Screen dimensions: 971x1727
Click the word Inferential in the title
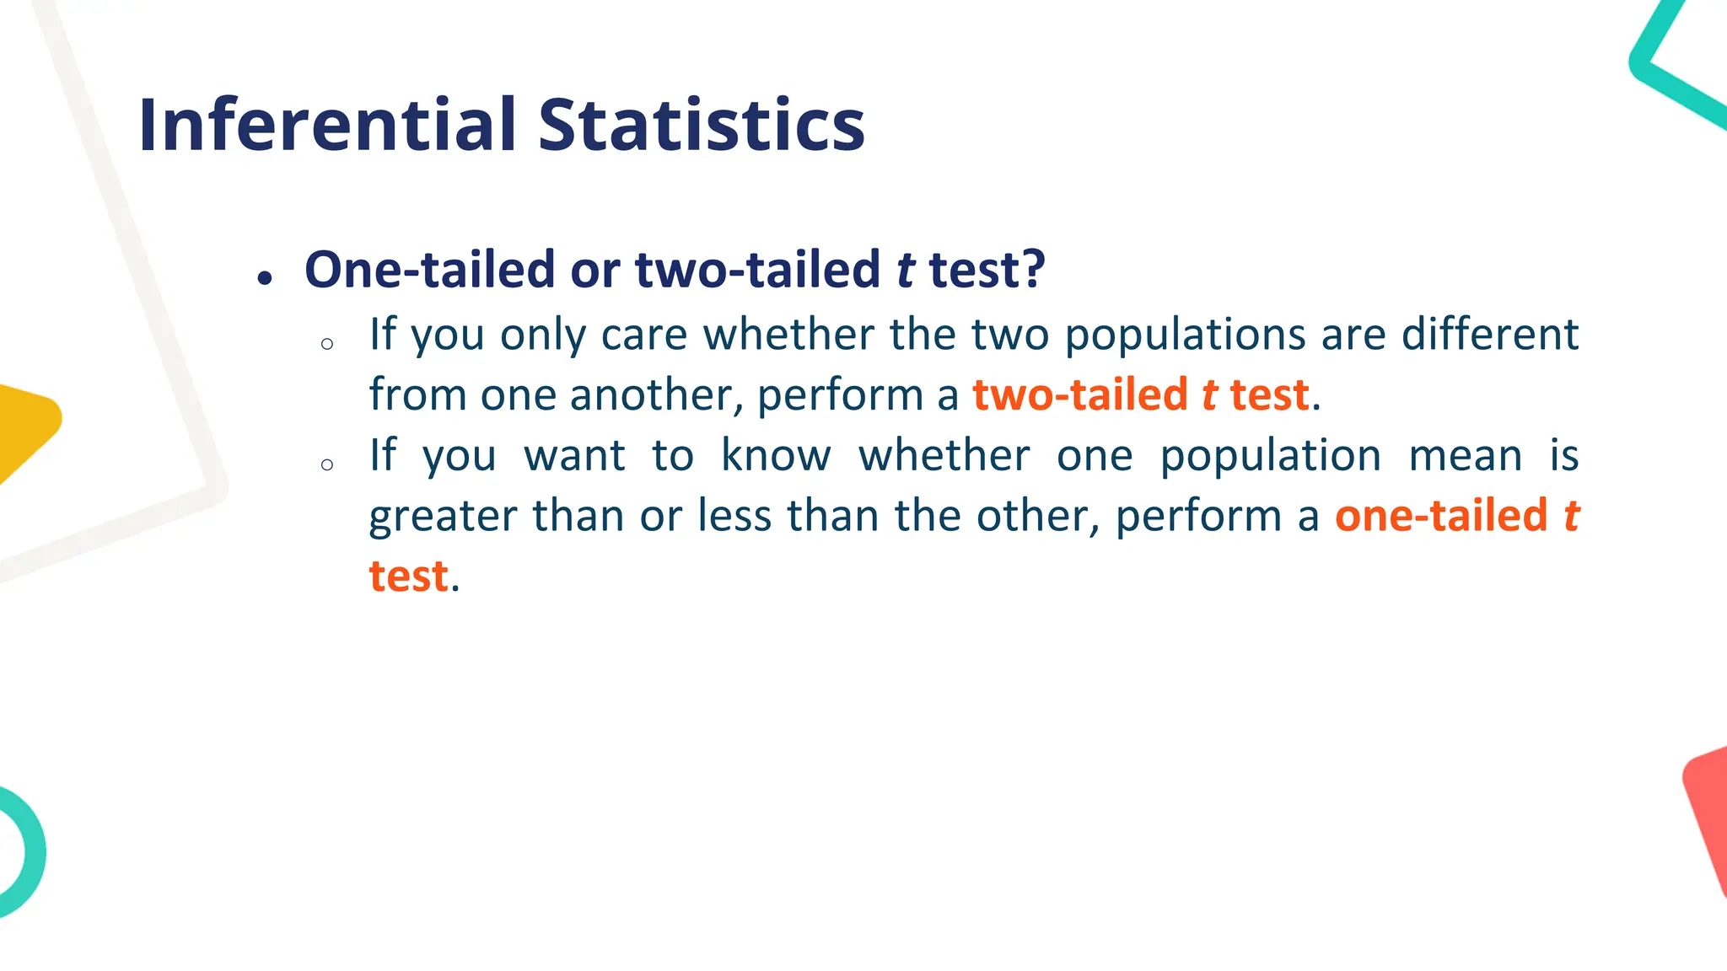[x=327, y=125]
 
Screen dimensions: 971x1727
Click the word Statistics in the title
[x=702, y=125]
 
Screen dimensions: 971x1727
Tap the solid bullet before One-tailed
[x=266, y=277]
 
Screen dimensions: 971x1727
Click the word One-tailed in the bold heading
[x=429, y=270]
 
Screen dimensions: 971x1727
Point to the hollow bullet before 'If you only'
[x=327, y=344]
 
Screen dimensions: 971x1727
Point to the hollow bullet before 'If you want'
[x=327, y=464]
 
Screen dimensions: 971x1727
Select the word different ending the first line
[x=1489, y=334]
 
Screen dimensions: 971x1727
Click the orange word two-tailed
[x=1080, y=394]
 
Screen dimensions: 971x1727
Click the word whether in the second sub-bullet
[x=944, y=455]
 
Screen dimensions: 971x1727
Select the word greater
[x=443, y=516]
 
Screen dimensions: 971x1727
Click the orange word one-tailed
[x=1441, y=515]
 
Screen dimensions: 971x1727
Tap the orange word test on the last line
[x=408, y=577]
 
